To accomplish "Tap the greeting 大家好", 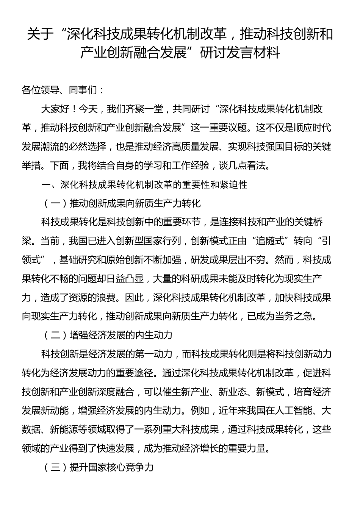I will point(55,109).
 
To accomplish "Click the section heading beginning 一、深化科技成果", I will point(144,184).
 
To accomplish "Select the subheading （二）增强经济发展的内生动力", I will point(107,335).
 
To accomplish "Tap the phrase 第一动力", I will point(153,354).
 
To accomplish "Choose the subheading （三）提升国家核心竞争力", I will point(97,467).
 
